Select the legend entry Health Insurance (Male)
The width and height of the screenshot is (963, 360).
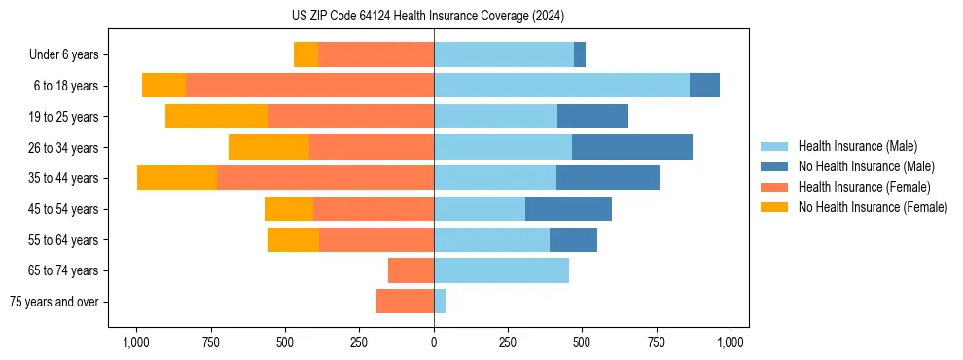click(x=857, y=146)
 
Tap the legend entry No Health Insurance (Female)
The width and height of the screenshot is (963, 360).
click(x=873, y=207)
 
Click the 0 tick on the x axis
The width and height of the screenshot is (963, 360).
click(x=434, y=342)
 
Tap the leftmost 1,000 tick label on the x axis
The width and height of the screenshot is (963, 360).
click(x=135, y=342)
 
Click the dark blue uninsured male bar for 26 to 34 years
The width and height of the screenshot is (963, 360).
click(x=632, y=147)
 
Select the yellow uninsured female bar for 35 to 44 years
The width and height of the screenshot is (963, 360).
click(x=177, y=178)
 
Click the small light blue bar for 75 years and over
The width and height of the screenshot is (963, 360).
click(x=440, y=302)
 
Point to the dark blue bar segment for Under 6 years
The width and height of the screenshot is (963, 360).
click(x=580, y=55)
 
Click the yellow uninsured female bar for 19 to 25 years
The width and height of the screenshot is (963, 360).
click(x=217, y=117)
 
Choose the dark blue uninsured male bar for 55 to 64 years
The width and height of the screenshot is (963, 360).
click(x=573, y=239)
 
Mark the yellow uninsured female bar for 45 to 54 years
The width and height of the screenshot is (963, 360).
click(x=289, y=209)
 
